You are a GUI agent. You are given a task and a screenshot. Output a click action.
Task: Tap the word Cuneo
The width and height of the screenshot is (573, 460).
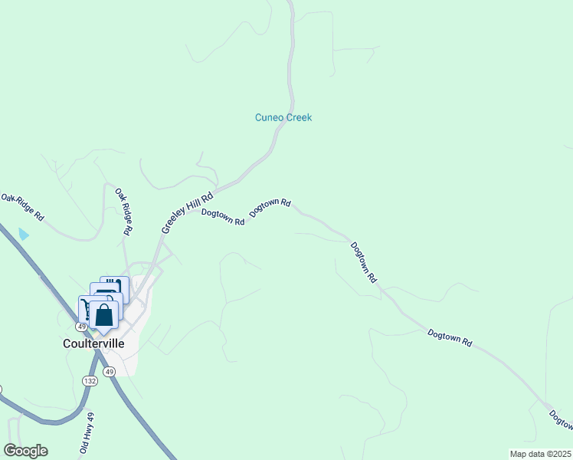click(x=270, y=118)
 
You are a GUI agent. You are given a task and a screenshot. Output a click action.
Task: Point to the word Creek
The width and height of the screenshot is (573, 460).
click(x=299, y=118)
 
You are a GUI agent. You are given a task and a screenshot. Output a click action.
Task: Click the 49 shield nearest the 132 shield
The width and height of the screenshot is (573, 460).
click(x=110, y=372)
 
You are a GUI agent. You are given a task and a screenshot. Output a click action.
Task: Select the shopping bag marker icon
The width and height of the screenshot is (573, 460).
click(x=103, y=314)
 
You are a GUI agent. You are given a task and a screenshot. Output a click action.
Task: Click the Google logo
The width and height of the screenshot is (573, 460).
click(x=25, y=451)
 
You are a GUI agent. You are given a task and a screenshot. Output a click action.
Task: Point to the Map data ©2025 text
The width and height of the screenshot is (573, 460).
click(x=540, y=454)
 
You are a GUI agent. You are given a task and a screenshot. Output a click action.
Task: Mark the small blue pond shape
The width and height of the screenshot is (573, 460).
click(x=24, y=234)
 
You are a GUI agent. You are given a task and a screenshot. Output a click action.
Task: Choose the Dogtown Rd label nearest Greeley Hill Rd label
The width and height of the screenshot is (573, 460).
click(x=223, y=217)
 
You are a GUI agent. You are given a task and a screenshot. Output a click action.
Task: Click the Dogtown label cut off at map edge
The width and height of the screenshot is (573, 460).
click(x=560, y=419)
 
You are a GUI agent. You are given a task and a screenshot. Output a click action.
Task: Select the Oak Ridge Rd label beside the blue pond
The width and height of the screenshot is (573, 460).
click(x=23, y=208)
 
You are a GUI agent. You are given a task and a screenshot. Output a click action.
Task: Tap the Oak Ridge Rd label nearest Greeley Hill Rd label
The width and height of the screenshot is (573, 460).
click(x=124, y=212)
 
